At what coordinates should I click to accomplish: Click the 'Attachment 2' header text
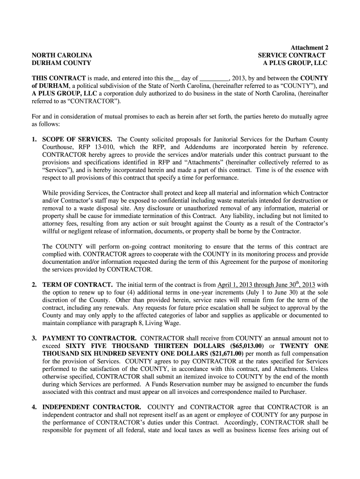[x=309, y=48]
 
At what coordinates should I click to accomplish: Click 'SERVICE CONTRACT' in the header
[x=292, y=55]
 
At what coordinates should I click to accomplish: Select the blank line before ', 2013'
[x=214, y=78]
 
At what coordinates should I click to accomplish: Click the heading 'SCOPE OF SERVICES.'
[x=77, y=139]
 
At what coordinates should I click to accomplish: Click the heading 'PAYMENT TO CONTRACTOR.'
[x=89, y=338]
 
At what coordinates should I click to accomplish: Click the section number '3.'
[x=35, y=338]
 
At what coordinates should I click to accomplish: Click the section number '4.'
[x=35, y=406]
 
